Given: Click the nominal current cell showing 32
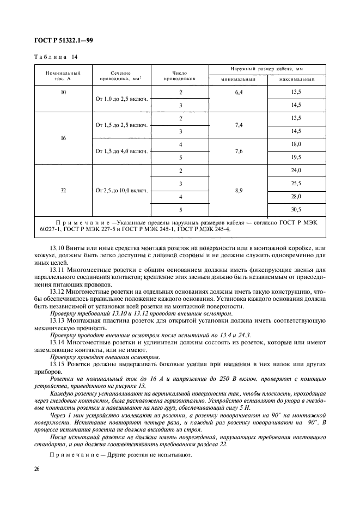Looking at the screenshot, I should [x=63, y=191].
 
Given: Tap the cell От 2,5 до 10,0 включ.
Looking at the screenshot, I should [x=121, y=191].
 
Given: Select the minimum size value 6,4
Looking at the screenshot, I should [x=239, y=93].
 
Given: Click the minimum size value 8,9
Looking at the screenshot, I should [x=239, y=191].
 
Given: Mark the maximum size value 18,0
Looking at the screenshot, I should [x=296, y=144].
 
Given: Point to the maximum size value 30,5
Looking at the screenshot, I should [x=296, y=209].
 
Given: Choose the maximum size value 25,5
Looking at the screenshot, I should [x=296, y=184].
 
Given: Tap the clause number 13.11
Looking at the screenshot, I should [x=57, y=270].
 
